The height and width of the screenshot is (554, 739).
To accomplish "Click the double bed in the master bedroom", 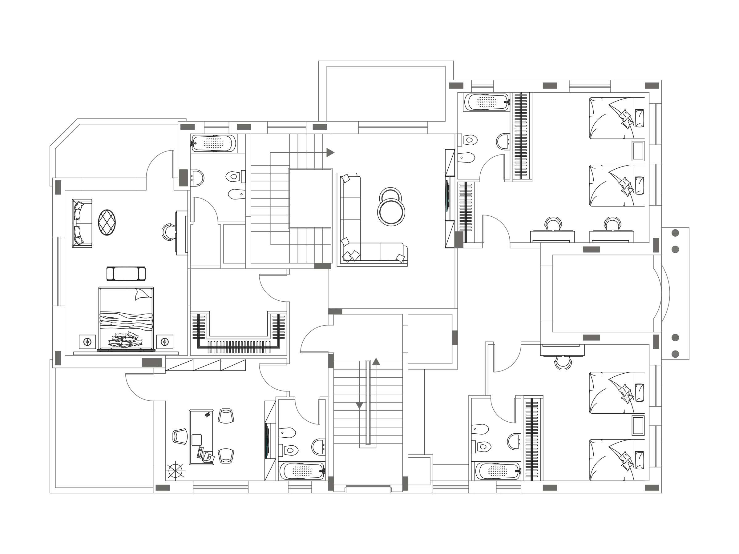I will tap(126, 319).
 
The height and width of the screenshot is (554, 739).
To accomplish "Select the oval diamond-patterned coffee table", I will tap(107, 223).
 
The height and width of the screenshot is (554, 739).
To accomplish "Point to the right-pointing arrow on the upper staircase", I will tap(330, 153).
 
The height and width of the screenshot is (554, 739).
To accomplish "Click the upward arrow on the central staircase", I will tap(376, 361).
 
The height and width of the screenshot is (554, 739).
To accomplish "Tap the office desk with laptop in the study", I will tap(201, 437).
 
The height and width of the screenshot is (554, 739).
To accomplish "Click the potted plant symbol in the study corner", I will tap(176, 471).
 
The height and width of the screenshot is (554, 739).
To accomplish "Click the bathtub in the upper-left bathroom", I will tap(213, 143).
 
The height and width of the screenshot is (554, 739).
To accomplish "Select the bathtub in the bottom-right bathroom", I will tap(498, 471).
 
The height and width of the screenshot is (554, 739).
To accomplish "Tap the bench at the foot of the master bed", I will tap(126, 274).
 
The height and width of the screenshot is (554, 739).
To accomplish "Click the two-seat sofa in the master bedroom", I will tap(82, 223).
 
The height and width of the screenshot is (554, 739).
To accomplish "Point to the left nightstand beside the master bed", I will tap(87, 342).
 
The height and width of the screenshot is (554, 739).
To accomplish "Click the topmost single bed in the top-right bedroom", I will tap(616, 118).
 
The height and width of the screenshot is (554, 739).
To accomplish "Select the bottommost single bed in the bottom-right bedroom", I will tap(616, 460).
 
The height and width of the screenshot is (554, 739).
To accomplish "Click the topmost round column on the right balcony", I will tap(675, 233).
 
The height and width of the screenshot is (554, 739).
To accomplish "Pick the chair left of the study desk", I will tap(180, 436).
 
